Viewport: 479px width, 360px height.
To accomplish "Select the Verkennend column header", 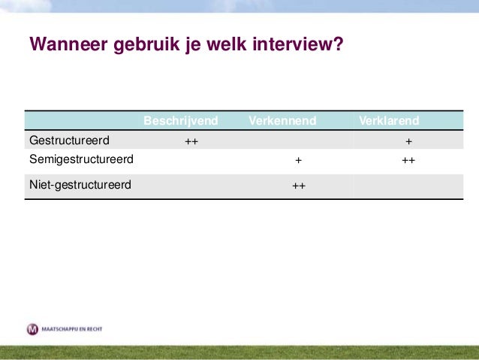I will (282, 120).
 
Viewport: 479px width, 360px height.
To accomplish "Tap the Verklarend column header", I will (389, 120).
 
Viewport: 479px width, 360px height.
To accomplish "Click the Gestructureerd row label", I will (69, 140).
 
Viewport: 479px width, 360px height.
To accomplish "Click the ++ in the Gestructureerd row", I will (191, 141).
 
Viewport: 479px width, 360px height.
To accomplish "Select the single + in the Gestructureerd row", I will (408, 141).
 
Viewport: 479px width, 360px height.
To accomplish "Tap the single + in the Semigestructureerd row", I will (298, 160).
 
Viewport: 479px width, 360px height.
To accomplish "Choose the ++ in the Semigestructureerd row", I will (408, 160).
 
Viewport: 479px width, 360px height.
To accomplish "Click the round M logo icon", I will (32, 329).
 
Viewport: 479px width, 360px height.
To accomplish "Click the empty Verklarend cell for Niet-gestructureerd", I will (408, 186).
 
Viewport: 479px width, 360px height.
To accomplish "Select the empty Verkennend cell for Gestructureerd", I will (298, 141).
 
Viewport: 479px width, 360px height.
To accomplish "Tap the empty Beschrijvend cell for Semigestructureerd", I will (191, 160).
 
